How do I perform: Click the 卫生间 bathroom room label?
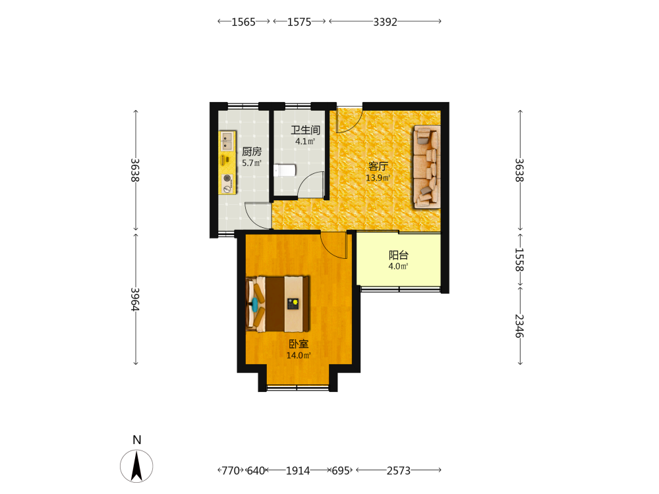point(306,130)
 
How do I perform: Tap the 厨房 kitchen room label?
point(252,151)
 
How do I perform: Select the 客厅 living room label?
point(378,167)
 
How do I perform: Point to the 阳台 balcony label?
point(399,255)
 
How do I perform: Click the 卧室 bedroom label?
point(299,344)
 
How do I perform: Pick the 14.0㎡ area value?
point(299,356)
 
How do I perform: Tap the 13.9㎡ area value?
point(378,178)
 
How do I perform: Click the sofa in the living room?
point(426,167)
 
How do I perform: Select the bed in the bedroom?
point(278,304)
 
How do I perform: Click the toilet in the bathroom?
point(285,171)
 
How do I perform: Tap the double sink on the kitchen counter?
point(227,141)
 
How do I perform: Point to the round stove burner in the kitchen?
point(227,178)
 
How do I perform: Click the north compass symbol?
point(136,466)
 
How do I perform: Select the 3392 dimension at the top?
point(385,22)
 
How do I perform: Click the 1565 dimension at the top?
point(243,22)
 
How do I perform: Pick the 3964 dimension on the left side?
point(135,299)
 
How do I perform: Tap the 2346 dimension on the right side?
point(519,326)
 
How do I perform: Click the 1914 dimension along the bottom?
point(298,470)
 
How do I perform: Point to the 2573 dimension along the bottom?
point(399,470)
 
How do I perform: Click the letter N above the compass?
point(136,440)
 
